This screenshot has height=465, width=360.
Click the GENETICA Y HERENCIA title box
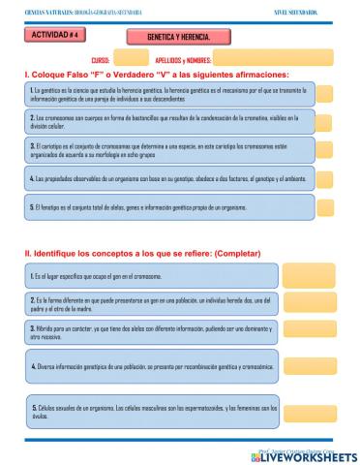point(179,35)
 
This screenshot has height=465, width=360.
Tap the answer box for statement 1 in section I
point(325,94)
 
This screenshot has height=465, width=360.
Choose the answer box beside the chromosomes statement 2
point(325,121)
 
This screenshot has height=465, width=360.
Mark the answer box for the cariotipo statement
point(325,150)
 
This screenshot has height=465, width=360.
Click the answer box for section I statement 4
point(325,179)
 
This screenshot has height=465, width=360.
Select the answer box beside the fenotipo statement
point(325,207)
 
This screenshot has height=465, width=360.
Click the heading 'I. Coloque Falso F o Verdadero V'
point(157,75)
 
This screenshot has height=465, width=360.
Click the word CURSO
point(101,59)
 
